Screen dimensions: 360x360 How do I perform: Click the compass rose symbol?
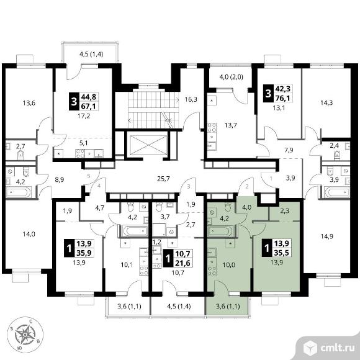tap(25, 335)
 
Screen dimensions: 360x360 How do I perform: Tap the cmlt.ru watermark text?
tap(337, 349)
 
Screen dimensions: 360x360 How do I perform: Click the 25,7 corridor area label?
tap(163, 178)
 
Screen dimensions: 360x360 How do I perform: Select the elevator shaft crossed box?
tap(148, 145)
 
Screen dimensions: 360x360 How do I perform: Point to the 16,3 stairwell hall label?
tap(191, 99)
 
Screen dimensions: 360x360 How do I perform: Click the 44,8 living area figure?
tap(88, 97)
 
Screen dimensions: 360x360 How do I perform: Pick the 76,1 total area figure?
tap(282, 98)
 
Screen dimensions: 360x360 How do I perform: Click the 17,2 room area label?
tap(84, 116)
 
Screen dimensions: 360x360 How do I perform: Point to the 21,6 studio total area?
tap(182, 263)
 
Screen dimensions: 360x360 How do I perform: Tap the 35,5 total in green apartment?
tap(282, 253)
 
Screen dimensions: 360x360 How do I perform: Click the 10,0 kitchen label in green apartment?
tap(228, 265)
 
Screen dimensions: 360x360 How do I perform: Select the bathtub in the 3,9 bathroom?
tap(337, 192)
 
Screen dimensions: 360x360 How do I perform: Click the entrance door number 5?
tap(89, 176)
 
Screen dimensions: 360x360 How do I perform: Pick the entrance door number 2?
tap(247, 187)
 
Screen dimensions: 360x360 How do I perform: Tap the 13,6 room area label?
tap(29, 103)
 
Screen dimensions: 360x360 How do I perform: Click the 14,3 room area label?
tap(326, 102)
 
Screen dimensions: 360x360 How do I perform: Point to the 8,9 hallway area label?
tap(59, 180)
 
